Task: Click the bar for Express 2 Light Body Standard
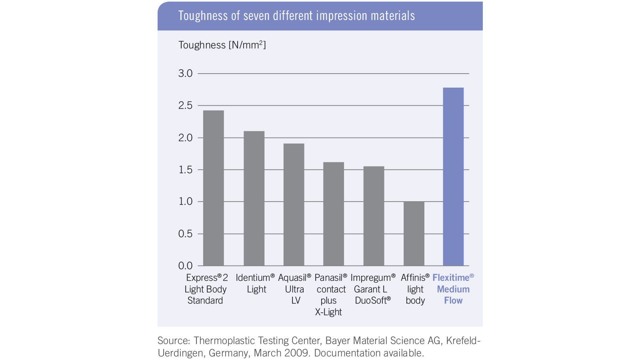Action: point(213,188)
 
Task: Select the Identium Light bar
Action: point(254,198)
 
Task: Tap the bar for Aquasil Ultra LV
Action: point(294,204)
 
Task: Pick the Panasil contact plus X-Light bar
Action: point(334,214)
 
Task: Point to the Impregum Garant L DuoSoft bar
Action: point(374,216)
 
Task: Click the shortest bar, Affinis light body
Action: point(414,234)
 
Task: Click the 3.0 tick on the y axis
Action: point(185,74)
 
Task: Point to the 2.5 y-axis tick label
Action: point(185,106)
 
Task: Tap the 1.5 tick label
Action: point(185,170)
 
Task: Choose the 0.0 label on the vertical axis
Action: point(185,266)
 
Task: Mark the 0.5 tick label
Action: point(185,234)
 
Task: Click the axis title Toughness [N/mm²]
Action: point(222,45)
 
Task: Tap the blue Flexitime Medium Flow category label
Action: point(453,289)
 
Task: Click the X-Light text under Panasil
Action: point(328,312)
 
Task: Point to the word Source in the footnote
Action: point(174,341)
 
